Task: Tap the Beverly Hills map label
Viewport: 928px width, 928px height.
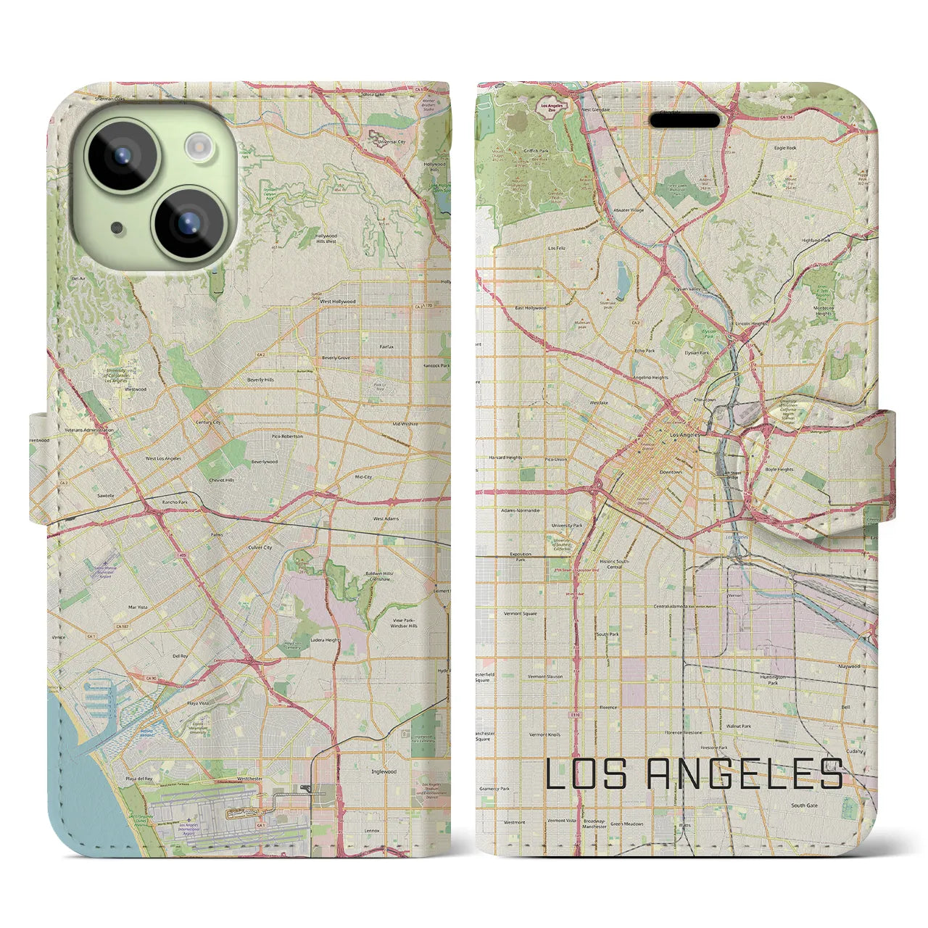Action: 260,379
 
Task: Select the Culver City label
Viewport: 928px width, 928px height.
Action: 260,547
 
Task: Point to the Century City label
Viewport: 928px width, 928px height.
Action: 207,422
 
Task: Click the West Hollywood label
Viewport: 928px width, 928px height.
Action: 338,301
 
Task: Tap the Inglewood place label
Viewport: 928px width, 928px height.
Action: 384,771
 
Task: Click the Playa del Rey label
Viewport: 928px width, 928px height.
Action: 138,778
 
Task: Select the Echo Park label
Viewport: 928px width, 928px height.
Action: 645,350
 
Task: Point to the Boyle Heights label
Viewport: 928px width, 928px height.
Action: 779,469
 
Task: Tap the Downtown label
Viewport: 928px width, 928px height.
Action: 671,472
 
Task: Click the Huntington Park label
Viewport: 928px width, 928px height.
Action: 773,679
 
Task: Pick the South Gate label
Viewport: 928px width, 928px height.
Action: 804,805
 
